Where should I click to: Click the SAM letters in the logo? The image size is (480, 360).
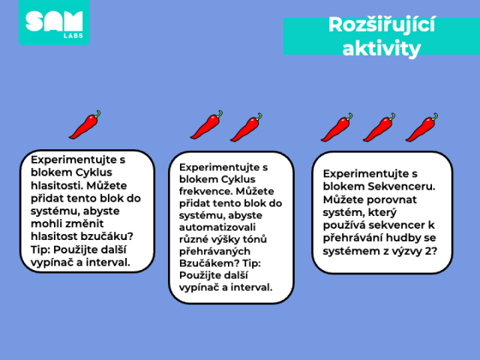pyautogui.click(x=54, y=21)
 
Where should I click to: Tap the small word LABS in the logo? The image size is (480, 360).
pyautogui.click(x=73, y=35)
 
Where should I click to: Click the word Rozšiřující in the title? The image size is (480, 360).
pyautogui.click(x=382, y=25)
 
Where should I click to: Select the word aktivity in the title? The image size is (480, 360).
pyautogui.click(x=382, y=48)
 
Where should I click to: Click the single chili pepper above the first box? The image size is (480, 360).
pyautogui.click(x=85, y=124)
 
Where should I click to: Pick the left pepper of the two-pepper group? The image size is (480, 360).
pyautogui.click(x=206, y=125)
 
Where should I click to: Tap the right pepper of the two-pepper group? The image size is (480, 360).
pyautogui.click(x=246, y=127)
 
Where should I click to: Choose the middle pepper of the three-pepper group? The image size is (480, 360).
pyautogui.click(x=379, y=127)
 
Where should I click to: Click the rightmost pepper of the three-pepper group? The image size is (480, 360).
pyautogui.click(x=421, y=127)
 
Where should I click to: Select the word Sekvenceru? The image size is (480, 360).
pyautogui.click(x=402, y=187)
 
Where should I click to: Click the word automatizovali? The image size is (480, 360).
pyautogui.click(x=217, y=227)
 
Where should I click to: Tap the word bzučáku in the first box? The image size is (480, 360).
pyautogui.click(x=107, y=237)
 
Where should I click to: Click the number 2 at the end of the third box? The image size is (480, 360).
pyautogui.click(x=430, y=251)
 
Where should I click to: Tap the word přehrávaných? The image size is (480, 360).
pyautogui.click(x=214, y=252)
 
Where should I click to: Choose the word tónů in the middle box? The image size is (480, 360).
pyautogui.click(x=255, y=239)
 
